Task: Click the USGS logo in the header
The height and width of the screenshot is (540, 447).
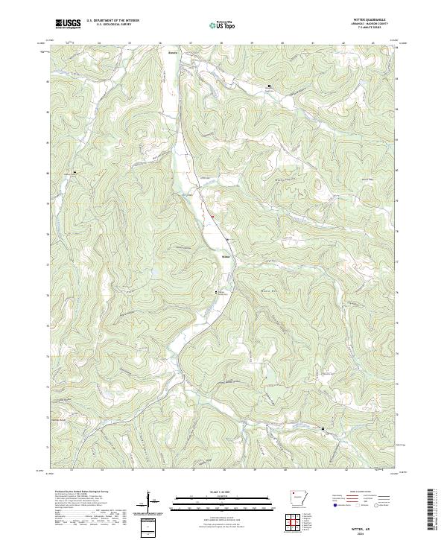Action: coord(69,24)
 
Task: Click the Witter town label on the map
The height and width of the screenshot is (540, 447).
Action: coord(226,258)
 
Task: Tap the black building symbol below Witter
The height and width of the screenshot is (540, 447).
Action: coord(218,291)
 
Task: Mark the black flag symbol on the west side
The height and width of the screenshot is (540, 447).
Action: coord(74,171)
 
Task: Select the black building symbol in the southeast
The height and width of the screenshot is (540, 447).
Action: coord(323,429)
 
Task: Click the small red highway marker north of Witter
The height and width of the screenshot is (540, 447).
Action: coord(212,217)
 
